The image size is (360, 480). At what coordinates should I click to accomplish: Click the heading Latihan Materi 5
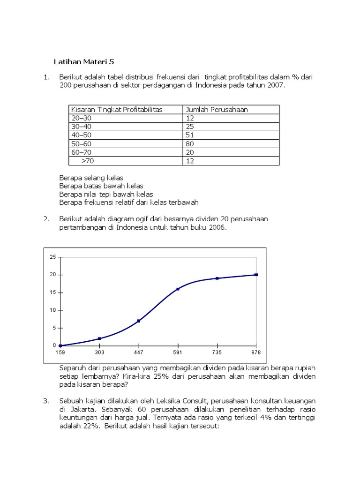84,61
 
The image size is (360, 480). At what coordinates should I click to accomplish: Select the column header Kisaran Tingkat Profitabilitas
116,110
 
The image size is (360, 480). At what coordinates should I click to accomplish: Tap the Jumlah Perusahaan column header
217,110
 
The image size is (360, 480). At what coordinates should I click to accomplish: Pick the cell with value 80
190,144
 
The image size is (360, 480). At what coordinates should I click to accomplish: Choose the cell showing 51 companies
190,135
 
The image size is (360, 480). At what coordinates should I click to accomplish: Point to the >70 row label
87,161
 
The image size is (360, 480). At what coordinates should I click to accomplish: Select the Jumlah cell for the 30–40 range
190,127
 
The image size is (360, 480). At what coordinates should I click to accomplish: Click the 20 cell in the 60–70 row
190,152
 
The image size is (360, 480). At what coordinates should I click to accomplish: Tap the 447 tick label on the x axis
138,352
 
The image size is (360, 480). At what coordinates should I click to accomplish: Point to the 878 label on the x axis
256,352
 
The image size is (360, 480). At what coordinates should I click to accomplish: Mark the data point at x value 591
178,289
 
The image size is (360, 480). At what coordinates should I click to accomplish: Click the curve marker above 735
217,278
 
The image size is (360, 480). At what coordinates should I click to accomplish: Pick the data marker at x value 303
99,338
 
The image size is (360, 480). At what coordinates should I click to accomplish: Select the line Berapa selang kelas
91,178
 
